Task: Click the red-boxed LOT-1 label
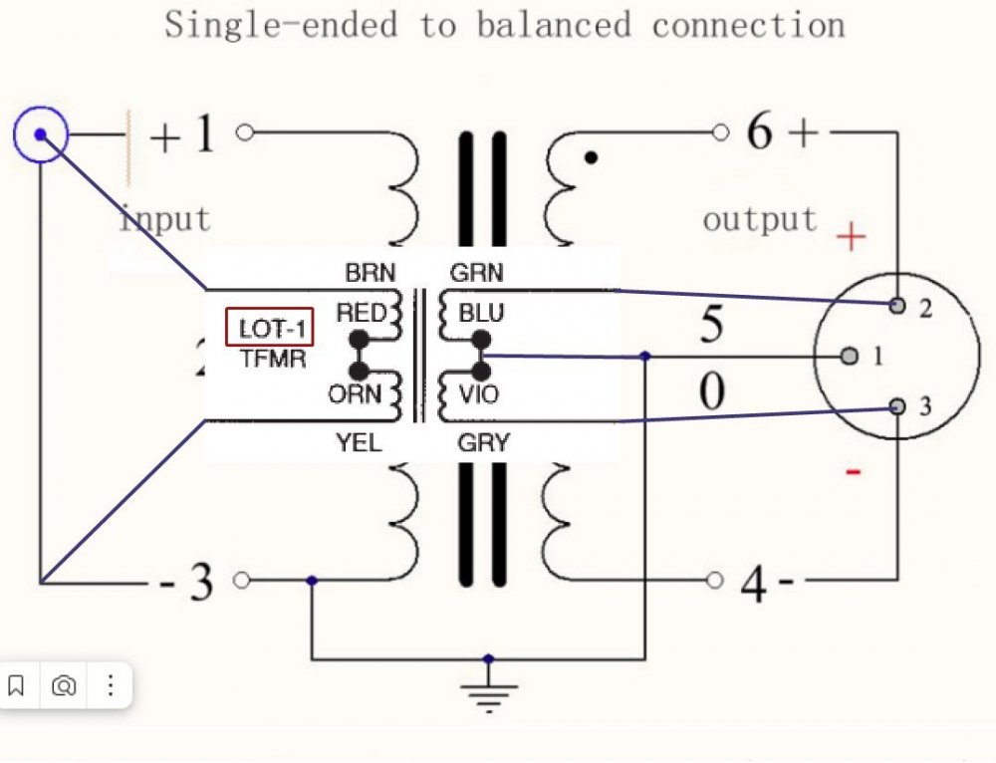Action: pos(270,328)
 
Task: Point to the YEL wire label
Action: pos(359,443)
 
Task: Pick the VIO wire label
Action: pos(479,394)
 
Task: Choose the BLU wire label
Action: pos(481,314)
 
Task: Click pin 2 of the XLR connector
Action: pos(898,305)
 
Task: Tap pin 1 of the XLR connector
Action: pos(850,356)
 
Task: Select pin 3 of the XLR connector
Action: pos(898,405)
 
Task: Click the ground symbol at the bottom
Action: pos(487,693)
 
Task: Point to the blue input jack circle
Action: pos(41,133)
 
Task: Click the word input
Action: pos(165,217)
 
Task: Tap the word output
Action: pos(759,219)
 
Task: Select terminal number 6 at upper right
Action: pos(759,132)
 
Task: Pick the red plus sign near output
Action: pos(851,237)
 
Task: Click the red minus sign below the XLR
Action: pos(853,470)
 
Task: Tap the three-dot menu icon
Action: pos(111,685)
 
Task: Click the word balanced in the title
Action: pos(554,24)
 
